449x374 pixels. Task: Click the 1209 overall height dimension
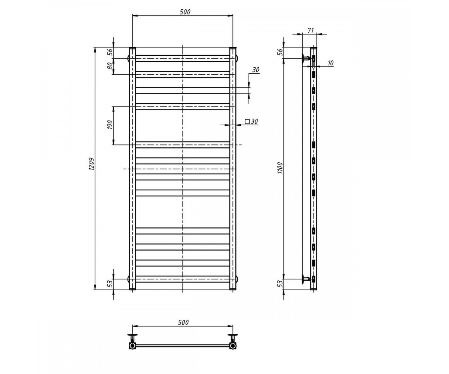tap(91, 164)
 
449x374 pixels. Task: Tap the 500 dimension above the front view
tap(185, 12)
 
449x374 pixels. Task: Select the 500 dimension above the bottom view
tap(183, 322)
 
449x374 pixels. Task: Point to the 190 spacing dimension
tap(110, 125)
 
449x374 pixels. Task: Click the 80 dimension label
tap(110, 65)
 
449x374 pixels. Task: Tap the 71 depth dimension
tap(311, 31)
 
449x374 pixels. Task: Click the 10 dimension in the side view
tap(330, 63)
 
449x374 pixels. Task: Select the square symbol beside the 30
tap(247, 122)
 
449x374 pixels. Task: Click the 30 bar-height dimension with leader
tap(256, 70)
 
